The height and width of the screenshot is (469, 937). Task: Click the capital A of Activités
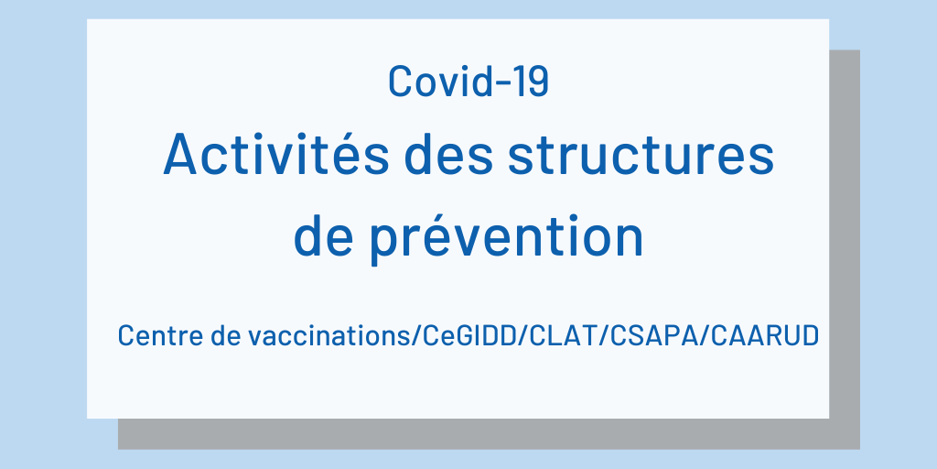tap(181, 154)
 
